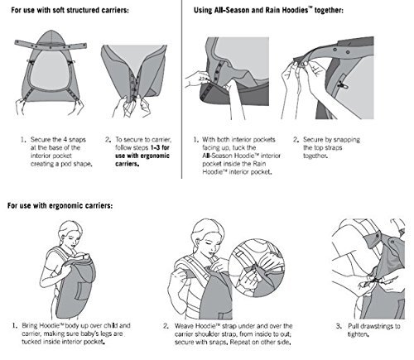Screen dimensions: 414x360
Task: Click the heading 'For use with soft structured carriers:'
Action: click(70, 11)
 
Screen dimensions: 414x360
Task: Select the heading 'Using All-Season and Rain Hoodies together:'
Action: click(268, 11)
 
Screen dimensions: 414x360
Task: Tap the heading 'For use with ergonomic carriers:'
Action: click(60, 206)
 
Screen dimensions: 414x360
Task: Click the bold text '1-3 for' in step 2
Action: click(160, 147)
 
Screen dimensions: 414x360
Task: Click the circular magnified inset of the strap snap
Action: click(257, 267)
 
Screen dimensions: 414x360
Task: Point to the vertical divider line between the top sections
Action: click(181, 89)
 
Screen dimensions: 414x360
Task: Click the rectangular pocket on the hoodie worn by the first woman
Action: click(82, 290)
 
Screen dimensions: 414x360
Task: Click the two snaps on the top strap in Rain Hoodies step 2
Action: click(341, 50)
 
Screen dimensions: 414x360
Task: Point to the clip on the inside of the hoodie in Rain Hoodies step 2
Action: click(342, 85)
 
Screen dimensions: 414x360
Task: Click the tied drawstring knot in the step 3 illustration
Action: click(373, 281)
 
